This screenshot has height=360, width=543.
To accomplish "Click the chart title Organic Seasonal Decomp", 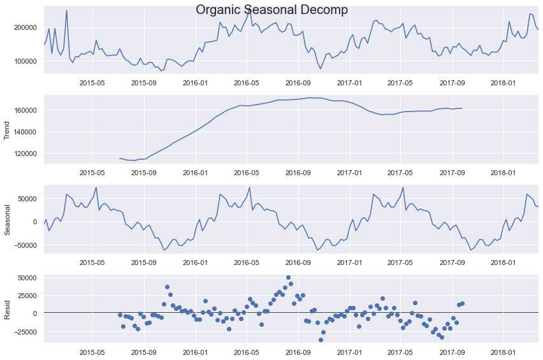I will point(271,10).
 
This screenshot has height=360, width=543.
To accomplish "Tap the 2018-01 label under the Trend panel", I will point(503,173).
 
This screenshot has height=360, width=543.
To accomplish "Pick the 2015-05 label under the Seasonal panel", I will point(92,262).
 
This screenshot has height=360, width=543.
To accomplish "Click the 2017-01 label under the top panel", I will point(349,83).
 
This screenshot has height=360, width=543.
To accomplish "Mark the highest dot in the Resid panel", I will point(288,278).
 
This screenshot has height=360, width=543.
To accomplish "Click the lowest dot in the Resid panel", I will point(321,340).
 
